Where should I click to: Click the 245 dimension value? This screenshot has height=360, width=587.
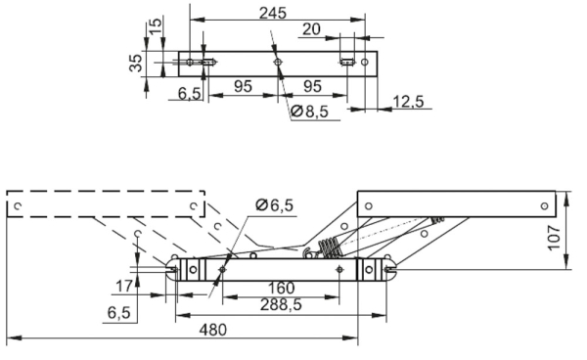(x=273, y=13)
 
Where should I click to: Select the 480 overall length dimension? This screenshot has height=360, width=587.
(x=212, y=330)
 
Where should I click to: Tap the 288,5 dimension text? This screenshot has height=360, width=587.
(x=281, y=304)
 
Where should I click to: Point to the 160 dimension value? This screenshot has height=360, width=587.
(x=281, y=289)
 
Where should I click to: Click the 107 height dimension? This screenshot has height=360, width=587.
(x=554, y=238)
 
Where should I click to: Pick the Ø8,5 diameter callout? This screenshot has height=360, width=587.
(x=309, y=112)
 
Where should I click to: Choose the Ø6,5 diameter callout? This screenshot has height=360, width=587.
(x=274, y=205)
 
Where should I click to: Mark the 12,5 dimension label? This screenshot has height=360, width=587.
(x=408, y=101)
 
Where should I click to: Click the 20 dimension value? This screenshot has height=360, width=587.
(x=311, y=28)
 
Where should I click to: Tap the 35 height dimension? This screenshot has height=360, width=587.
(x=136, y=63)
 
